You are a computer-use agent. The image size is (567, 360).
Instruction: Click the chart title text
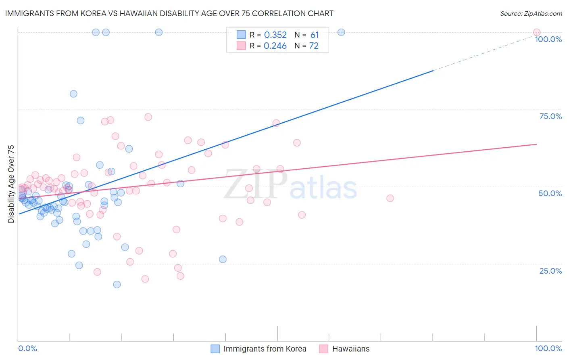point(169,13)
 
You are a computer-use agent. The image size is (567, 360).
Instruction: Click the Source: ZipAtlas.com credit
point(531,13)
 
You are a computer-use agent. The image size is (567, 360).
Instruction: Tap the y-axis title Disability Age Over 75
point(11,184)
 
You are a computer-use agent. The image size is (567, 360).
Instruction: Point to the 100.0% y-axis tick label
point(548,39)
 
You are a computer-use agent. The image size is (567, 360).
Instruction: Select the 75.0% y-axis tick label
point(550,116)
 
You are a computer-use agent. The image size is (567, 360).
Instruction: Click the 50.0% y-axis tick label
point(550,193)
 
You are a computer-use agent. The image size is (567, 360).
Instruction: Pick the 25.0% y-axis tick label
point(550,271)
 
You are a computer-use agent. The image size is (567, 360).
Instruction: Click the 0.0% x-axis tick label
point(27,348)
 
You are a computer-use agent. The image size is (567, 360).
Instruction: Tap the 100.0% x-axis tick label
point(548,348)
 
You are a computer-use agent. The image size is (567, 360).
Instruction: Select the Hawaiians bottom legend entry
point(350,349)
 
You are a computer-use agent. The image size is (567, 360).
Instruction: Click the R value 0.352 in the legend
point(275,35)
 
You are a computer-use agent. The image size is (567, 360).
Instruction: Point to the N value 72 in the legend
point(314,46)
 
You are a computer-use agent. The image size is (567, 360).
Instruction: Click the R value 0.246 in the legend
point(275,46)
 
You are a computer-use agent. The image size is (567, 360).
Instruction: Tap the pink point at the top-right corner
point(536,32)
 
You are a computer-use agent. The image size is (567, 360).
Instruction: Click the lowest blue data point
point(117,285)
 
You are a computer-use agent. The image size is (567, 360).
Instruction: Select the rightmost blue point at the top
point(341,32)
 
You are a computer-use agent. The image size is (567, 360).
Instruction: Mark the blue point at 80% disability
point(73,94)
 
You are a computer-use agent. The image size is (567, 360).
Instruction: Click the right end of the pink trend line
point(536,144)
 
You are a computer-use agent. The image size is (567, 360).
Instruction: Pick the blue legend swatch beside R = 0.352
point(241,35)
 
